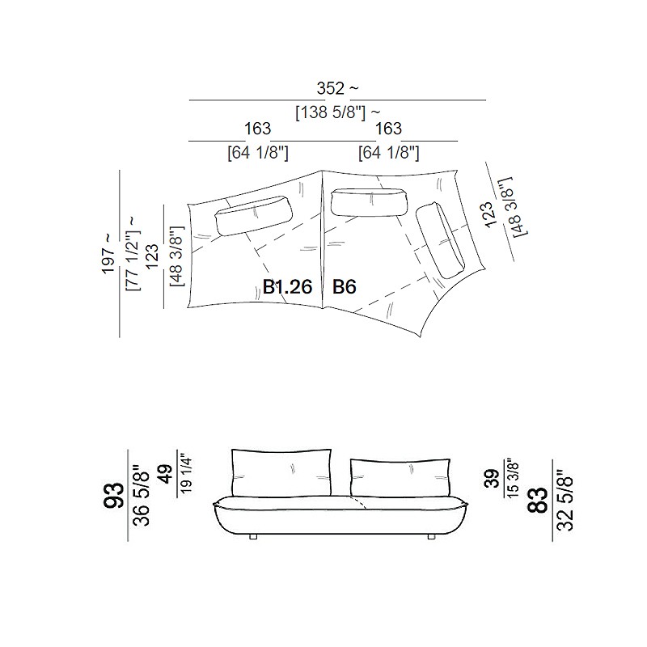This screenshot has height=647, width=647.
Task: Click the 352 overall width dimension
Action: tap(331, 88)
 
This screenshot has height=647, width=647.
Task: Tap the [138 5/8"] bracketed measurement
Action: tap(331, 112)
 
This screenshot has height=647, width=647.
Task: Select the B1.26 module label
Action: tap(288, 287)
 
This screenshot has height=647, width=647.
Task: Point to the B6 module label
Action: tap(345, 287)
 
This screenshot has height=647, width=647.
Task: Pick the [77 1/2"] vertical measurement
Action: tap(133, 260)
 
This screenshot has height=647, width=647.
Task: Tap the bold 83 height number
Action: tap(538, 500)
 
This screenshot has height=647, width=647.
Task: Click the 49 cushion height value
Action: tap(166, 474)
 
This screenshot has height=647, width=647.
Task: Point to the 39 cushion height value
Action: tap(492, 479)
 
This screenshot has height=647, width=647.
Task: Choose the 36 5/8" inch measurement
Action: tap(141, 495)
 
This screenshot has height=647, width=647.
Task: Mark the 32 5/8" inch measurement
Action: tap(565, 500)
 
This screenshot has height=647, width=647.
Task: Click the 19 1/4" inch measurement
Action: tap(186, 475)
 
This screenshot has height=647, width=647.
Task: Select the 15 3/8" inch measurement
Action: tap(512, 478)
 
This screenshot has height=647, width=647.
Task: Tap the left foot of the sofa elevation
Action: tap(253, 537)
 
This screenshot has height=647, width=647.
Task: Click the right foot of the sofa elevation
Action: tap(431, 537)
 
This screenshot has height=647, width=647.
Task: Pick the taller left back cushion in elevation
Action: tap(281, 473)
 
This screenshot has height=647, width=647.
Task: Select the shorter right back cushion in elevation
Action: tap(400, 477)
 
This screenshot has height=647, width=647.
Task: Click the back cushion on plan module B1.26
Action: tap(254, 215)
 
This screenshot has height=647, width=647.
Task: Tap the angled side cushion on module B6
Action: tap(440, 240)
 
